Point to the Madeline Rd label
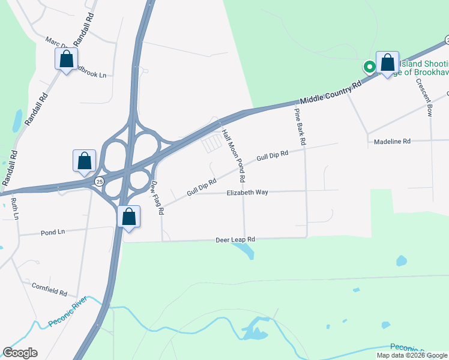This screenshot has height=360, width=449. point(391,142)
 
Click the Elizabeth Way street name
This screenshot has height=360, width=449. point(247,193)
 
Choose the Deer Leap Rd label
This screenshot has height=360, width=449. point(235,239)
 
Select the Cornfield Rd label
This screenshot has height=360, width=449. point(49,290)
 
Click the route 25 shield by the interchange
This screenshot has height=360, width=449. point(98,181)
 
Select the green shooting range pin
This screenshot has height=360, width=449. point(370,67)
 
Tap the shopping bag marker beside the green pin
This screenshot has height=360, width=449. point(387,62)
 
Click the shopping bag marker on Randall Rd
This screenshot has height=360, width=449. point(65,59)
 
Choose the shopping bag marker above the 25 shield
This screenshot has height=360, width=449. point(84,160)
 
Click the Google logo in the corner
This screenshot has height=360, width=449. point(20,353)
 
